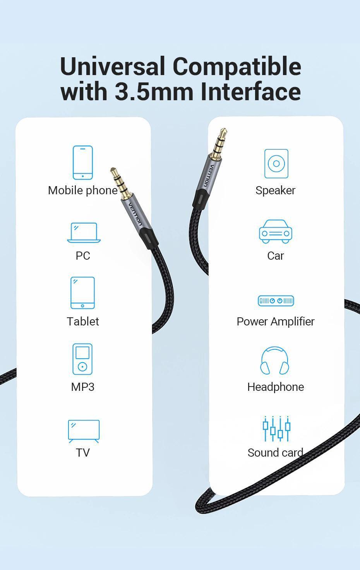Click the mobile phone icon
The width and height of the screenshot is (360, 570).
[83, 163]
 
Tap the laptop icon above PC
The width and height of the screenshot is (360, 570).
[84, 233]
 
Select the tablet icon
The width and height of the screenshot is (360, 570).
[82, 293]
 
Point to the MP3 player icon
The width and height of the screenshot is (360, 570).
[82, 359]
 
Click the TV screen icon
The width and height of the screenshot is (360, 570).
[84, 431]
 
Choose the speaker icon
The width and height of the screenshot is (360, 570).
[276, 163]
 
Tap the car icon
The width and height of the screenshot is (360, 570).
[275, 232]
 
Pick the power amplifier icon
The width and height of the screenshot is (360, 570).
[276, 301]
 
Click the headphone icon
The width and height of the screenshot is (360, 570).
[275, 361]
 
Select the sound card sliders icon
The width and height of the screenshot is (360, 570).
[276, 428]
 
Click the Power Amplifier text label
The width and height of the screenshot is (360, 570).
[275, 322]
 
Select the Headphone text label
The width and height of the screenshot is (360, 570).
[275, 387]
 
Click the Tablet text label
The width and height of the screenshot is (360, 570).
[82, 322]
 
